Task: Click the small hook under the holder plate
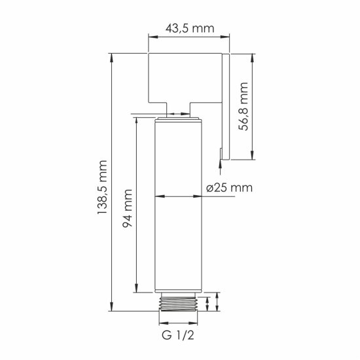pyautogui.click(x=221, y=154)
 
